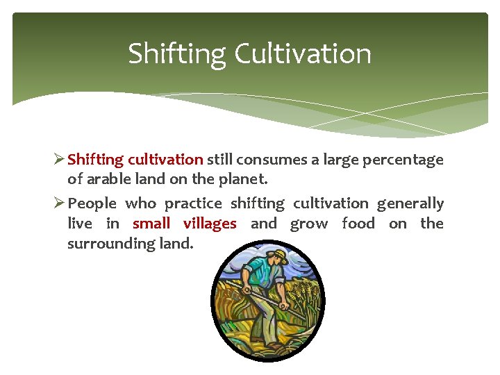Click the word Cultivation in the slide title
(x=303, y=54)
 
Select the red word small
(x=151, y=224)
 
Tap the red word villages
(x=210, y=224)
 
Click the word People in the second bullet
(x=92, y=203)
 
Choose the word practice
(x=193, y=203)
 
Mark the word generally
(x=410, y=203)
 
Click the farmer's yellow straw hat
(x=278, y=255)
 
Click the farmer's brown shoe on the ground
(x=274, y=344)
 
